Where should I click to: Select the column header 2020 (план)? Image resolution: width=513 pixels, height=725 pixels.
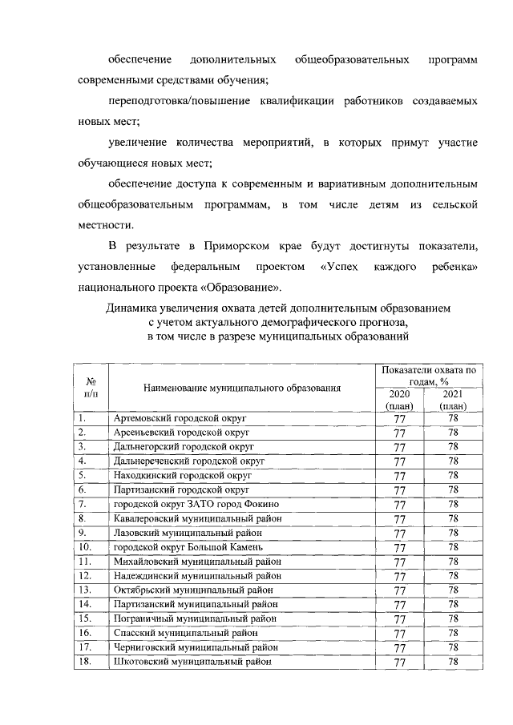[398, 400]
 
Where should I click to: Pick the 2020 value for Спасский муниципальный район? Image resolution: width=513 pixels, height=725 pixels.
[398, 634]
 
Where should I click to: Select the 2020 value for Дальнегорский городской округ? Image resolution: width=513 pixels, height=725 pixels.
[398, 447]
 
